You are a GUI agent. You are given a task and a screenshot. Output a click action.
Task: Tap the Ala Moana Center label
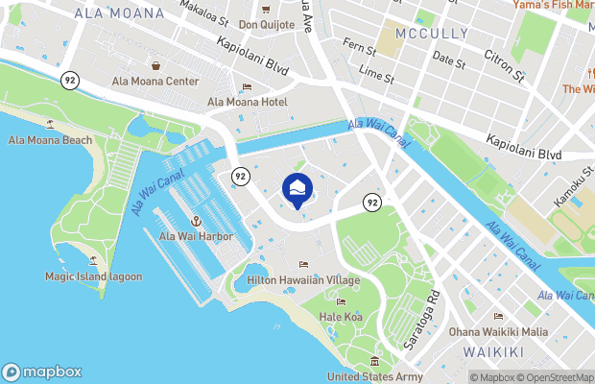pyautogui.click(x=155, y=82)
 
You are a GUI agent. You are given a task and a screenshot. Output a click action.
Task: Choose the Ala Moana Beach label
pyautogui.click(x=51, y=140)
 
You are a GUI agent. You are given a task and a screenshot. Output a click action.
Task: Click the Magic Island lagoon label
pyautogui.click(x=93, y=276)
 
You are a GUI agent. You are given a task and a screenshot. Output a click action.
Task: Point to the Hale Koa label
pyautogui.click(x=341, y=317)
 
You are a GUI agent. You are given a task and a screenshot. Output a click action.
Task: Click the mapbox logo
pyautogui.click(x=42, y=372)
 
